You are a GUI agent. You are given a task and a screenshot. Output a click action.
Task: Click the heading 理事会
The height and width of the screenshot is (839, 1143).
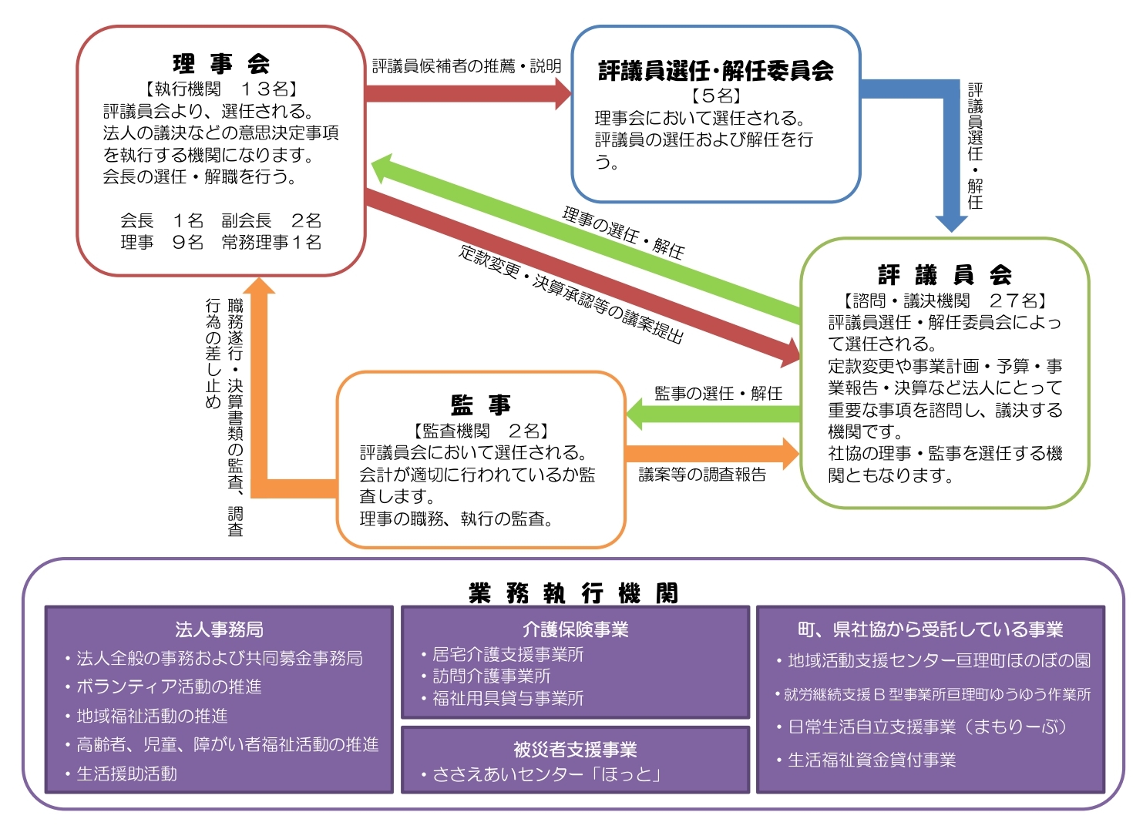pyautogui.click(x=221, y=63)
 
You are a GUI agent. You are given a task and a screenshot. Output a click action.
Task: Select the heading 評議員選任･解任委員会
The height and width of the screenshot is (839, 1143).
pyautogui.click(x=715, y=71)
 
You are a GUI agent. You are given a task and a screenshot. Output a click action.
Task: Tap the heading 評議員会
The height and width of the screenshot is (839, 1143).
pyautogui.click(x=944, y=274)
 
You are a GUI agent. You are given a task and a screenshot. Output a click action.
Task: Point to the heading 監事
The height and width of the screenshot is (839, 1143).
pyautogui.click(x=480, y=404)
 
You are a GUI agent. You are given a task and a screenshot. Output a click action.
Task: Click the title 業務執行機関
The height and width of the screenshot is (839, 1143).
pyautogui.click(x=573, y=592)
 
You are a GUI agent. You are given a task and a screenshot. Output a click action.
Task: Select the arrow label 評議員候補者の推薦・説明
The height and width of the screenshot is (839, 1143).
pyautogui.click(x=466, y=66)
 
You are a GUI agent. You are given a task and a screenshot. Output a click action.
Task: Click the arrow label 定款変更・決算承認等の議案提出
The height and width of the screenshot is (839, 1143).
pyautogui.click(x=570, y=294)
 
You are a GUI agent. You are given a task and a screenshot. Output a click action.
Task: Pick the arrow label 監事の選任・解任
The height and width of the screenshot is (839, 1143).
pyautogui.click(x=718, y=394)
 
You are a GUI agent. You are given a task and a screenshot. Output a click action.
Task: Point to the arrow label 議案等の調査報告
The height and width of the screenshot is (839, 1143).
pyautogui.click(x=702, y=475)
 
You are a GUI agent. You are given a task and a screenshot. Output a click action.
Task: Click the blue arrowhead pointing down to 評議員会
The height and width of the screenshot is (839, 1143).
pyautogui.click(x=951, y=221)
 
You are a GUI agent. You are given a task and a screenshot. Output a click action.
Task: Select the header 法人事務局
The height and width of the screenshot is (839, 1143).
pyautogui.click(x=219, y=629)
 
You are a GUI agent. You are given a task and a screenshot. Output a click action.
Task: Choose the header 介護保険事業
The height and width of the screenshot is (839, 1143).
pyautogui.click(x=575, y=629)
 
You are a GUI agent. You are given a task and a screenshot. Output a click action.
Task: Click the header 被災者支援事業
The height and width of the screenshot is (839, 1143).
pyautogui.click(x=575, y=749)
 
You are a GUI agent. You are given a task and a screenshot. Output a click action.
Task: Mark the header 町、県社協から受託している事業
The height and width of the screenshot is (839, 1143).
pyautogui.click(x=930, y=629)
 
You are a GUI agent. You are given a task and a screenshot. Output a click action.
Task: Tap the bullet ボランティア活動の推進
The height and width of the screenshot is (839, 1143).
pyautogui.click(x=169, y=686)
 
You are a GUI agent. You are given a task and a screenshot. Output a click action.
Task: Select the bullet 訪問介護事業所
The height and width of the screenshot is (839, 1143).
pyautogui.click(x=491, y=676)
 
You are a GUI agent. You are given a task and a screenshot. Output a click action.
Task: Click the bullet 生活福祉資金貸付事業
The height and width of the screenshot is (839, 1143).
pyautogui.click(x=871, y=760)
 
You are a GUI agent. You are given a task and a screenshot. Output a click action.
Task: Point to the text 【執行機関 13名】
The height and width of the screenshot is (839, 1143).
pyautogui.click(x=221, y=89)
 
